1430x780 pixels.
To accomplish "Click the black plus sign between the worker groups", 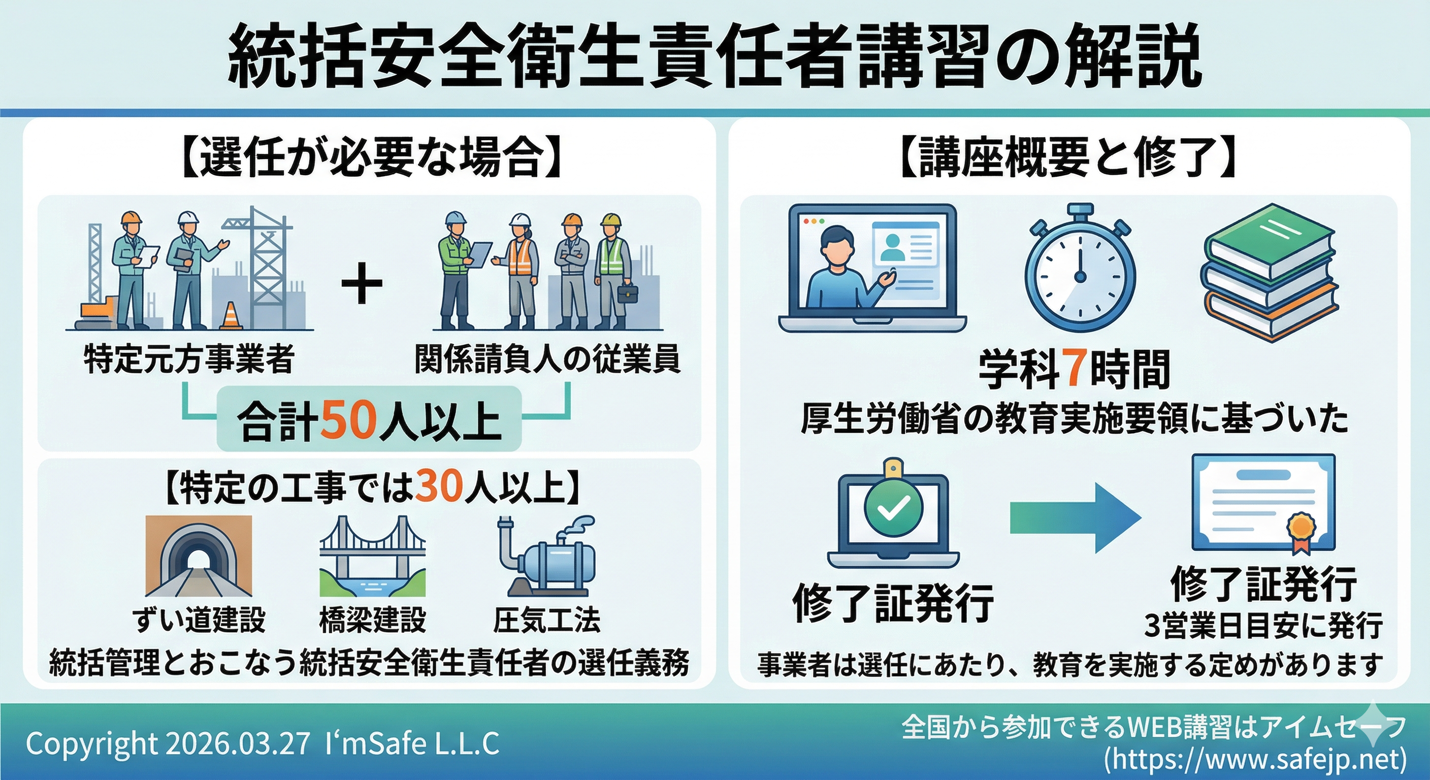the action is pyautogui.click(x=362, y=283).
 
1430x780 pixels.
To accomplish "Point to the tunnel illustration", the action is pyautogui.click(x=198, y=556).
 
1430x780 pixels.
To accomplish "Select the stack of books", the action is pyautogui.click(x=1270, y=272).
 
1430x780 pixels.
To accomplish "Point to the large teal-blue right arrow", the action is pyautogui.click(x=1075, y=518).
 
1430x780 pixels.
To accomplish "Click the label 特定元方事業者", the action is pyautogui.click(x=189, y=359).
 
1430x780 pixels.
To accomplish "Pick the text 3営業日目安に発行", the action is pyautogui.click(x=1263, y=626).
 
